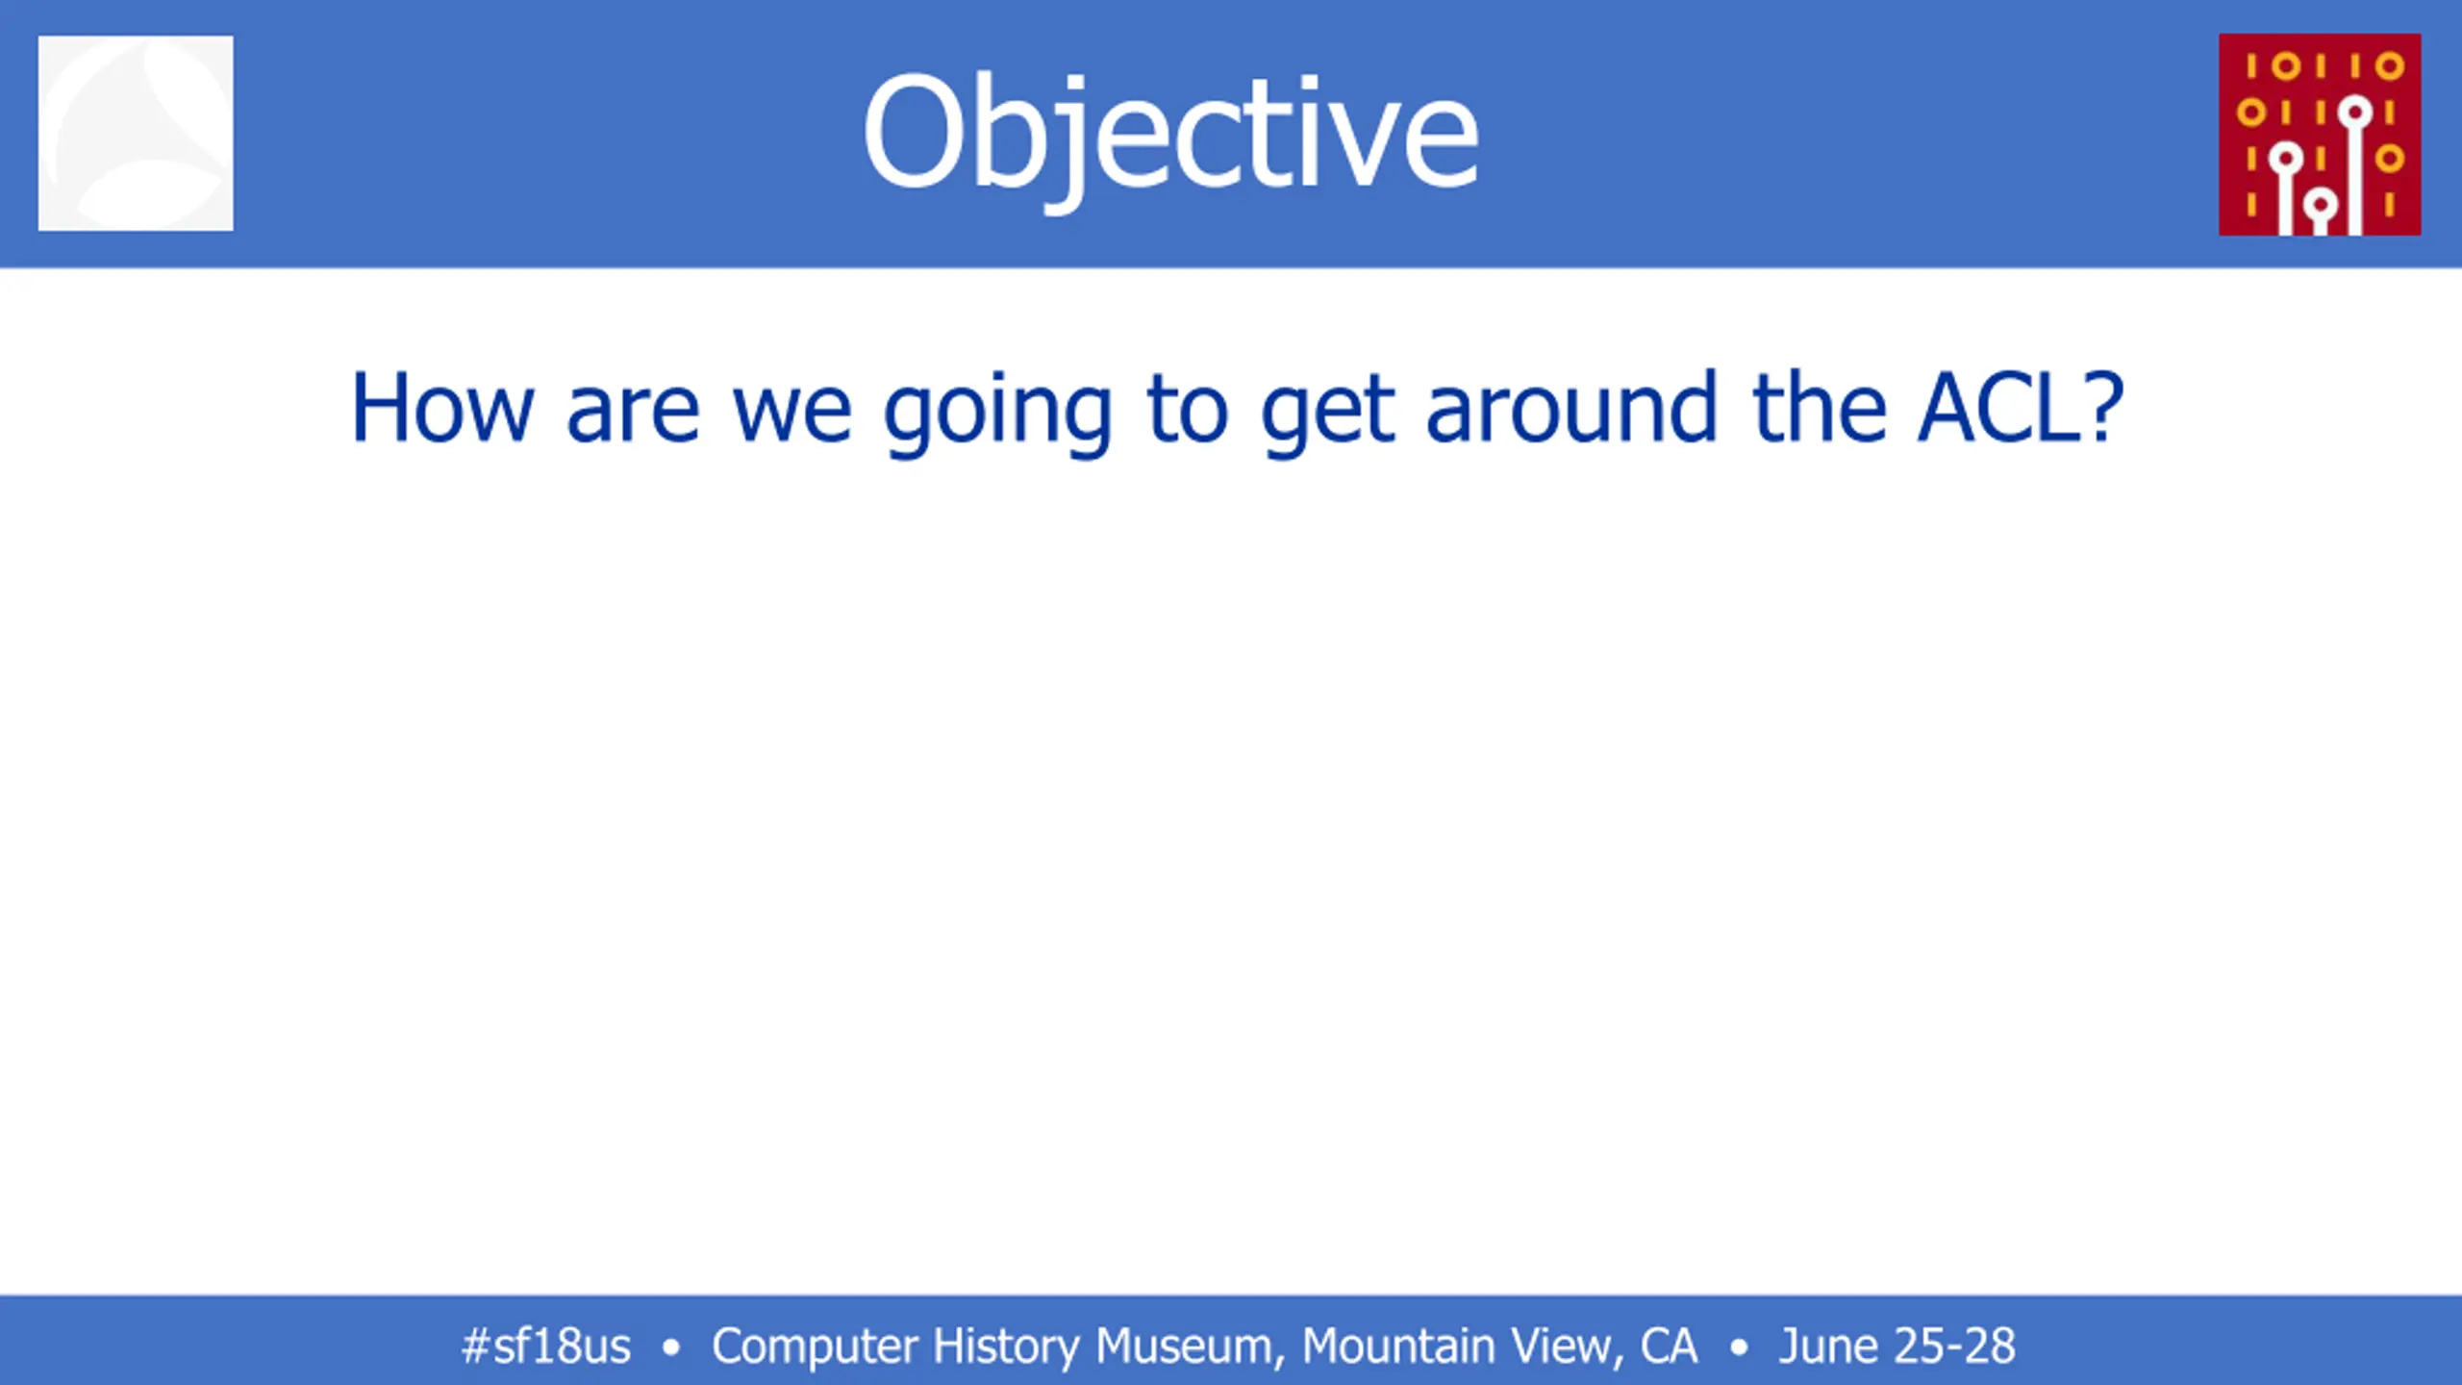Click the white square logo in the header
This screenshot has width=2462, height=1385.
pyautogui.click(x=136, y=133)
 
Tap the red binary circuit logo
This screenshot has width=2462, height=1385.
pyautogui.click(x=2320, y=135)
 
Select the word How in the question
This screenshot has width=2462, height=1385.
pyautogui.click(x=441, y=408)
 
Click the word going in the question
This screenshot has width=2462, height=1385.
pyautogui.click(x=998, y=415)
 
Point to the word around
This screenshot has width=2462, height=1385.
pyautogui.click(x=1571, y=408)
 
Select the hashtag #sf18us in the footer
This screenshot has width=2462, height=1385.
pyautogui.click(x=545, y=1346)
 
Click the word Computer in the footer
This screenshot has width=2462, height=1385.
pyautogui.click(x=815, y=1347)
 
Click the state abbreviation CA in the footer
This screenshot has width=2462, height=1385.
pyautogui.click(x=1669, y=1346)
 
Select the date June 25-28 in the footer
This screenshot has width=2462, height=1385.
pyautogui.click(x=1897, y=1346)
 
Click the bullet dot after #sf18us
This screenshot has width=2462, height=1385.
pyautogui.click(x=671, y=1347)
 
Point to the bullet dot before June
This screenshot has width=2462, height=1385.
pyautogui.click(x=1738, y=1347)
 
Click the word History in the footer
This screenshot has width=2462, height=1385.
pyautogui.click(x=1007, y=1347)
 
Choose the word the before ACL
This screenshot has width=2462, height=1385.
pyautogui.click(x=1820, y=408)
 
